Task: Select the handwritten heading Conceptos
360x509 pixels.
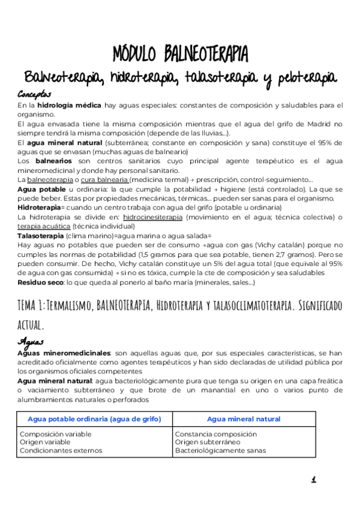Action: [35, 95]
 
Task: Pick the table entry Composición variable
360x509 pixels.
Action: [56, 433]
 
